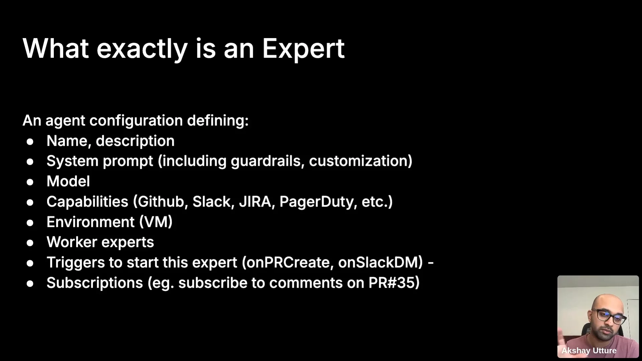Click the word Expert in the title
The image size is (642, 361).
click(303, 49)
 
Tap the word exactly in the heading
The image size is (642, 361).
click(142, 49)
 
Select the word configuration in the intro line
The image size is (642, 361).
click(136, 121)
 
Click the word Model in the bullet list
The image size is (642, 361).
click(68, 182)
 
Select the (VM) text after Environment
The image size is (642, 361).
click(156, 222)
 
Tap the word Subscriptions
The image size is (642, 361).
click(95, 283)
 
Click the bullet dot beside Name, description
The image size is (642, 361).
click(30, 142)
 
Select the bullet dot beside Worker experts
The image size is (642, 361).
click(30, 243)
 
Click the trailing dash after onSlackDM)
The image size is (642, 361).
click(431, 263)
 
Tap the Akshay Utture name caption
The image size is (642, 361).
click(589, 351)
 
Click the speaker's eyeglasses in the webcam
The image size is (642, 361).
click(610, 317)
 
